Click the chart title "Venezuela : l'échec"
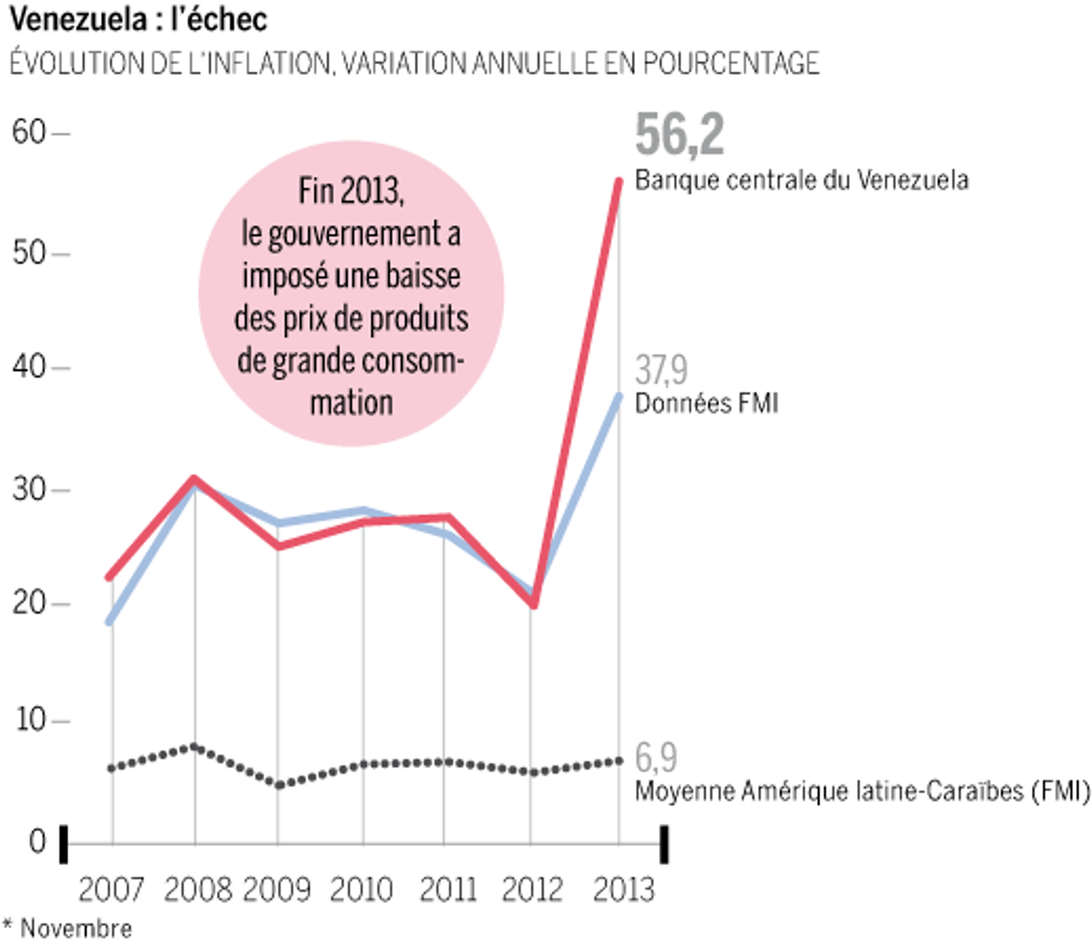[138, 20]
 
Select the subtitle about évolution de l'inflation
[414, 63]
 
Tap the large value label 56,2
[679, 135]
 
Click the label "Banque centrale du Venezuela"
[801, 180]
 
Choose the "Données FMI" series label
[707, 404]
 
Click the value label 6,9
[656, 757]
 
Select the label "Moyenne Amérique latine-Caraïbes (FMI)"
[862, 791]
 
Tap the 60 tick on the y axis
[30, 132]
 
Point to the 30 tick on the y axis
[30, 490]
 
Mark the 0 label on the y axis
[38, 842]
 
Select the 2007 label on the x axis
[111, 889]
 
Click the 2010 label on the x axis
[362, 889]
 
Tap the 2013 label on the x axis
[624, 889]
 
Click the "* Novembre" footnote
[67, 928]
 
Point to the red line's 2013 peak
[619, 180]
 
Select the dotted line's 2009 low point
[279, 785]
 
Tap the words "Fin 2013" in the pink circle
[351, 191]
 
